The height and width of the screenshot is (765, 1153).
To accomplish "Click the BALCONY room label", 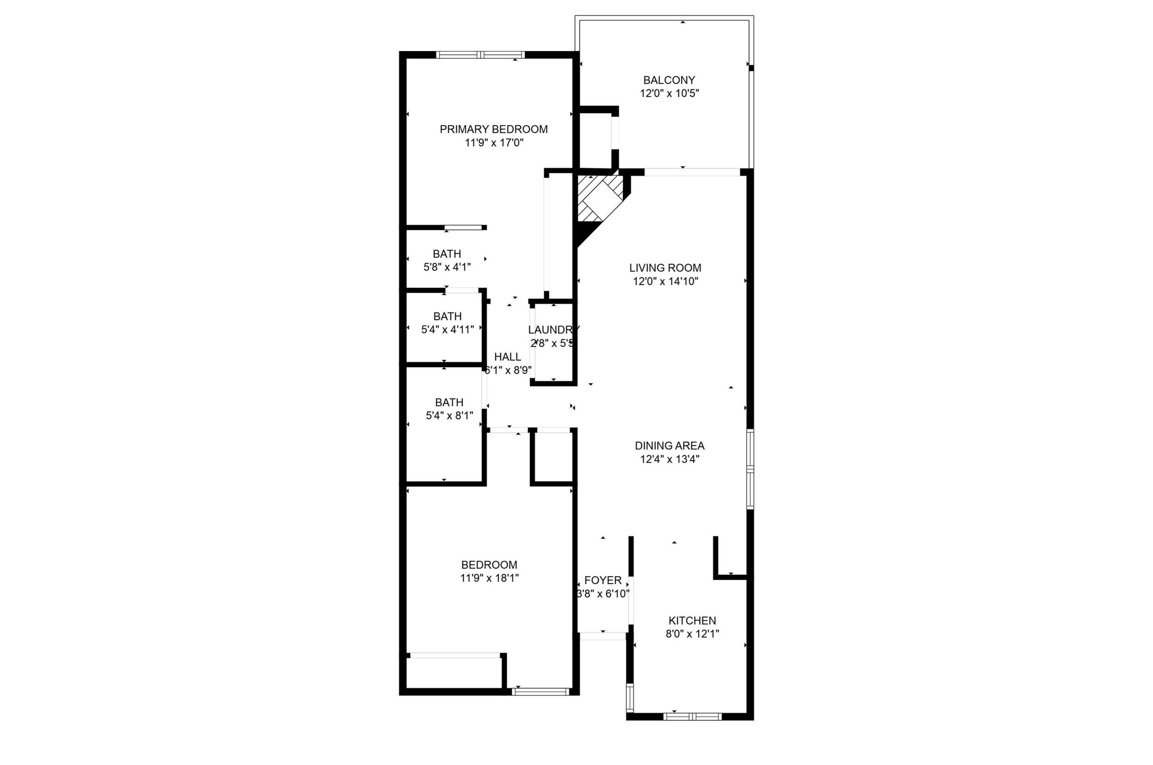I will coord(668,80).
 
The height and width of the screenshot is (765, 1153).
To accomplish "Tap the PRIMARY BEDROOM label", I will coord(493,129).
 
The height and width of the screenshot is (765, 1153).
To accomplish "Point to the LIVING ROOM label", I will coord(665,268).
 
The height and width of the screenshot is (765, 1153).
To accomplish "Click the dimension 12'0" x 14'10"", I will coord(666,281).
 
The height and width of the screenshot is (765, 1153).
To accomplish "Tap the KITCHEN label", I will coord(692,620).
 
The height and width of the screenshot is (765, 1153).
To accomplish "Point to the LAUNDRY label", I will coord(553,330).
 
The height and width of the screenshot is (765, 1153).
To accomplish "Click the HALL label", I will coord(507,357).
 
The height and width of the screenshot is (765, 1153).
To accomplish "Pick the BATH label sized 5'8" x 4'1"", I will coord(447,254).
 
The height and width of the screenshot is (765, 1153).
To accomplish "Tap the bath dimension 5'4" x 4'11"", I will coord(447,330).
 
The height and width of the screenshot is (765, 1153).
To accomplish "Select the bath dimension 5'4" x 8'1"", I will coord(449,416).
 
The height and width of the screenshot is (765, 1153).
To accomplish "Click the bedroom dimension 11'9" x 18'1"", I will coord(489,578).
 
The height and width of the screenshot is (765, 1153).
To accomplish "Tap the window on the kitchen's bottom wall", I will coord(692,716).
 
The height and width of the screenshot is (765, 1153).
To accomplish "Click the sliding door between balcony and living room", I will coord(692,172).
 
